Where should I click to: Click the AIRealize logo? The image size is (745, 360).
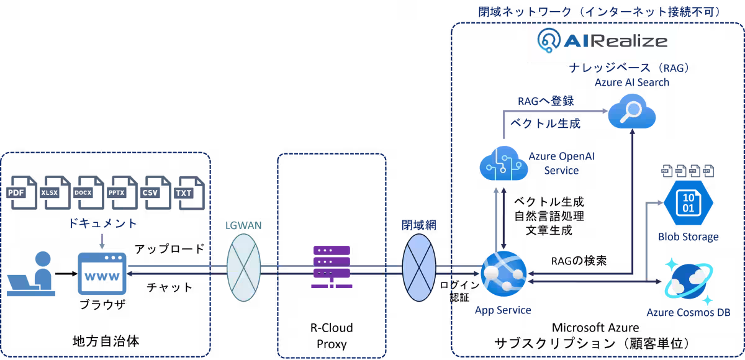pyautogui.click(x=602, y=41)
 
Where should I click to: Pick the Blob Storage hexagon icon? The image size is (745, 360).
pyautogui.click(x=689, y=202)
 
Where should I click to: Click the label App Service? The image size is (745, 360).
pyautogui.click(x=502, y=310)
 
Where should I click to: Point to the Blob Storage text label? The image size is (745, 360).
pyautogui.click(x=688, y=236)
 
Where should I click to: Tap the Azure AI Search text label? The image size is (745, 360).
pyautogui.click(x=632, y=82)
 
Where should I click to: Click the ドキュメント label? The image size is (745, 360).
pyautogui.click(x=103, y=223)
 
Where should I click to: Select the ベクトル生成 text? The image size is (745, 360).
pyautogui.click(x=545, y=124)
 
